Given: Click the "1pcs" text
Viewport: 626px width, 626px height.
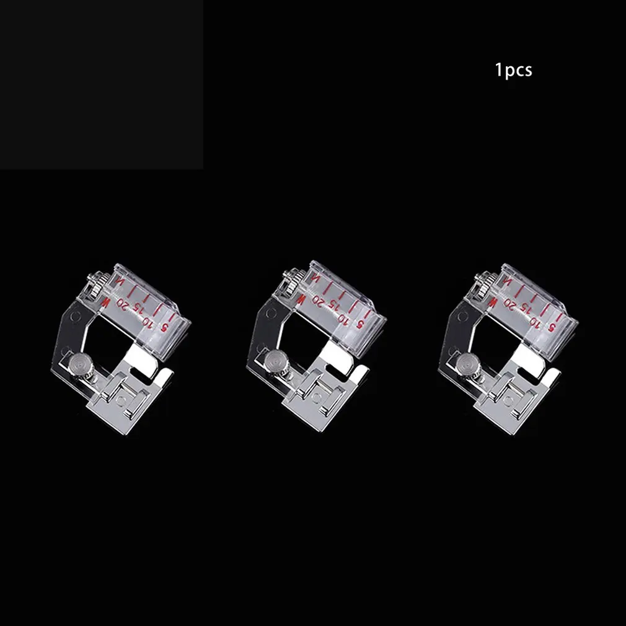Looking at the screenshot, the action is [513, 70].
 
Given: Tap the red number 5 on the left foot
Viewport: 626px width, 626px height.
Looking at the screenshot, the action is [163, 328].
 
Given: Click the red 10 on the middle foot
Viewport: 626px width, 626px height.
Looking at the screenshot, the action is [343, 318].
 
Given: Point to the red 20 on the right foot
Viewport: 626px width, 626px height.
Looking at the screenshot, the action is [510, 304].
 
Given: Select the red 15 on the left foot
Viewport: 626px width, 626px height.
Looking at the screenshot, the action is [136, 309].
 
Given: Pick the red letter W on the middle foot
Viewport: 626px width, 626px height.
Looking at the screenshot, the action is [301, 299].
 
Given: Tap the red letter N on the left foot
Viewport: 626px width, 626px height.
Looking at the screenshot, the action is [119, 281].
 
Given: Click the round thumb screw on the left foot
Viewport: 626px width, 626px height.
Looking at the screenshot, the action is [77, 364].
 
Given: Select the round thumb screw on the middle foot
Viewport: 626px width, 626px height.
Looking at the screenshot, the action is [273, 359].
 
